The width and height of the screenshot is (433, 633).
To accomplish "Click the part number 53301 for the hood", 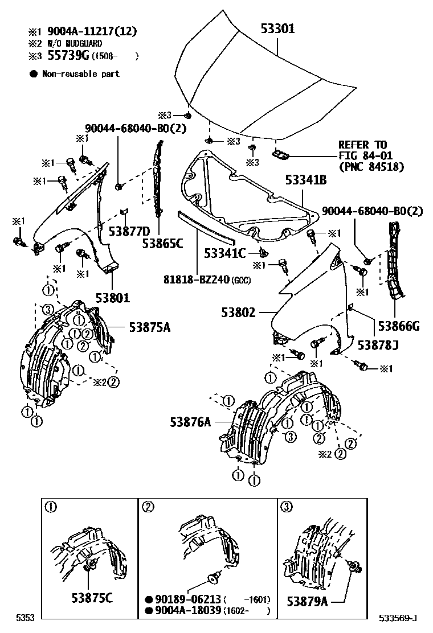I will click(x=278, y=28).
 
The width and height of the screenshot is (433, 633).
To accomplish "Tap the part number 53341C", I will click(x=226, y=253).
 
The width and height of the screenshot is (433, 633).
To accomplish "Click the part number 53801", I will click(x=113, y=297).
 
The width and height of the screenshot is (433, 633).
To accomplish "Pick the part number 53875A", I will click(x=149, y=327).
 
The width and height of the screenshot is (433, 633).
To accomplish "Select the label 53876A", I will click(x=190, y=422).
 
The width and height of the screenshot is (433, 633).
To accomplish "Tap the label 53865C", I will click(x=163, y=244).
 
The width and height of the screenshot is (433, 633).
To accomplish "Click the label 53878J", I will click(x=378, y=345).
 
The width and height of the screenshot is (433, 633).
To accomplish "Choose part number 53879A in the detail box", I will click(x=307, y=601).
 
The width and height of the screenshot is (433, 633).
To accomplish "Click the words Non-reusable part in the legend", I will click(x=81, y=74).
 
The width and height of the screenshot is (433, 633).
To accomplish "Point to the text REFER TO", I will click(x=362, y=145).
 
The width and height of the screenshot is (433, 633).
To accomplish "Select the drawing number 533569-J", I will click(x=399, y=618).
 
